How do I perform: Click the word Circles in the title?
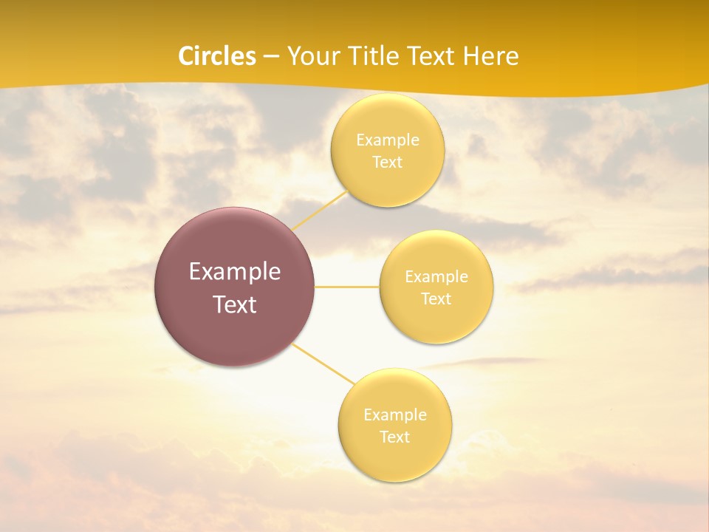217,56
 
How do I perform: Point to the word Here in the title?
490,56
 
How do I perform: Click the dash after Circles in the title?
271,57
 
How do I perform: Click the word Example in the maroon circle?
235,272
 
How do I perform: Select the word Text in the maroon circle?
235,304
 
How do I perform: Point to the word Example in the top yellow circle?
388,140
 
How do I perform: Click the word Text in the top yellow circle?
388,163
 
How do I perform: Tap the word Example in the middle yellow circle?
436,277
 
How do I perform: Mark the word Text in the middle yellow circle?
436,299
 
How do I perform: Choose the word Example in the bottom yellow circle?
395,415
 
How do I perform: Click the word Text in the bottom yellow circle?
395,437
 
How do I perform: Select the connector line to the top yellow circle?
319,210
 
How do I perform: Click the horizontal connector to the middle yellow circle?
347,287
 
